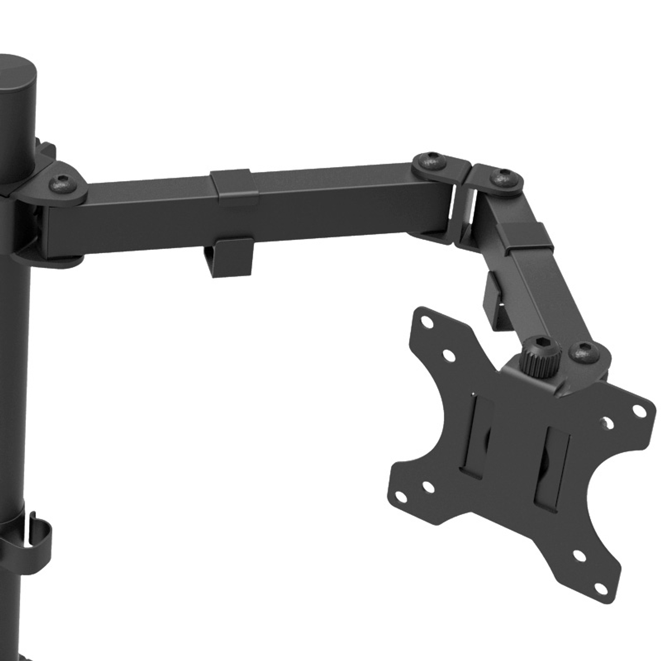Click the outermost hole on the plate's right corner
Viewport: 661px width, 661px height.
click(x=638, y=410)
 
